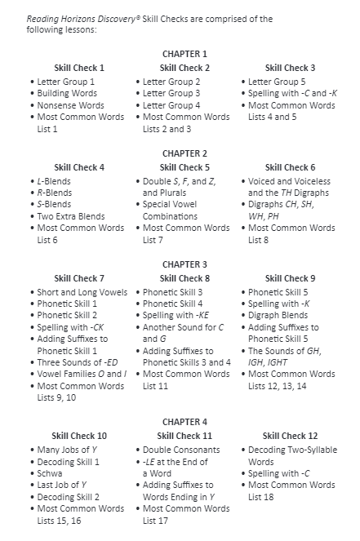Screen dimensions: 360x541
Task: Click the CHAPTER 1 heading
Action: [184, 54]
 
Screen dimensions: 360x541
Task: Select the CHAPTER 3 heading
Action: [184, 264]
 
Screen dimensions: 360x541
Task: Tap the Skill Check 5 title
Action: [184, 167]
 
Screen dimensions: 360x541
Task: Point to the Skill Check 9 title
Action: [290, 278]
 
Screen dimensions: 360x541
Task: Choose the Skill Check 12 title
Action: [290, 436]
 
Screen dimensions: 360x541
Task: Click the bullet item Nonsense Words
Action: [70, 105]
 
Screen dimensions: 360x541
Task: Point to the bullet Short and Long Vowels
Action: [81, 292]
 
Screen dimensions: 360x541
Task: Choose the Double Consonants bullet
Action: [181, 450]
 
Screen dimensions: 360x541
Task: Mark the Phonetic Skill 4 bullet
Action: [172, 304]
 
